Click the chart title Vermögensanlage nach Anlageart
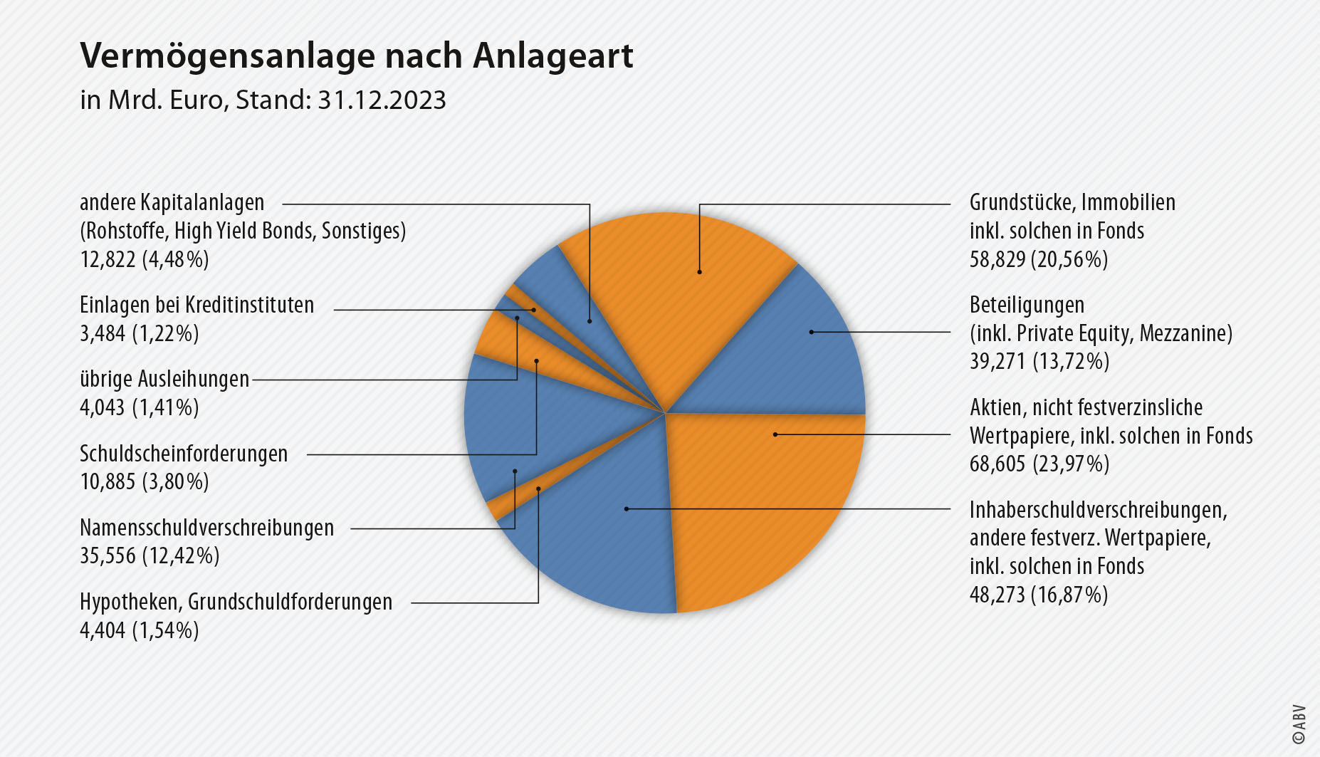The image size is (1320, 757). (356, 56)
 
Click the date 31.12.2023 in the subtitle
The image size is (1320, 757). (382, 100)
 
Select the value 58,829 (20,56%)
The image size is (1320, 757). (1038, 259)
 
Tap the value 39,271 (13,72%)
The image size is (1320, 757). (1039, 361)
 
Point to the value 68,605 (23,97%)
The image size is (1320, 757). (1039, 464)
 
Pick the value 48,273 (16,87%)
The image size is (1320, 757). (1038, 594)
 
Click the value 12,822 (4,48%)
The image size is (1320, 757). (144, 259)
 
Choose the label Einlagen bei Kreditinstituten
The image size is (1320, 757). (197, 305)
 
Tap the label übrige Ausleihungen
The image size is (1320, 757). (164, 379)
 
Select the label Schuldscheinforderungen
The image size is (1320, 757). (184, 454)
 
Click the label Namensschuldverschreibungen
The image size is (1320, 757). (206, 528)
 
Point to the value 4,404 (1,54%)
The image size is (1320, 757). (139, 630)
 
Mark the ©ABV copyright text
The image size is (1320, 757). (1299, 724)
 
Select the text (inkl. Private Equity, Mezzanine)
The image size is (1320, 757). (1100, 333)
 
